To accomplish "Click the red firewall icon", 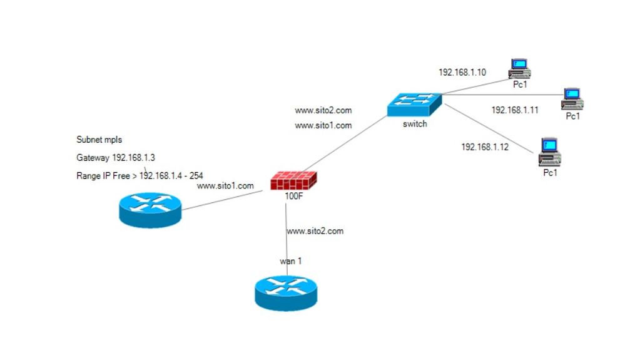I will (x=293, y=180).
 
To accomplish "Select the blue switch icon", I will (x=414, y=105).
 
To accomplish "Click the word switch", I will (x=415, y=124).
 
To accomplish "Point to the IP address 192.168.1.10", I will (x=462, y=73).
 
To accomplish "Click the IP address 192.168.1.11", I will (x=515, y=110).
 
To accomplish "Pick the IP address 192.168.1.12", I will (x=485, y=147).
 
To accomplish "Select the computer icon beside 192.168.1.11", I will (x=572, y=98).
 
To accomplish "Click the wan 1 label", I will (x=290, y=261).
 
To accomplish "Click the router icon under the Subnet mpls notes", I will (x=150, y=209).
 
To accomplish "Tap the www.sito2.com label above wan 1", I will (x=315, y=231).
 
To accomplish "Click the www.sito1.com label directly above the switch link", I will (x=323, y=125).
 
